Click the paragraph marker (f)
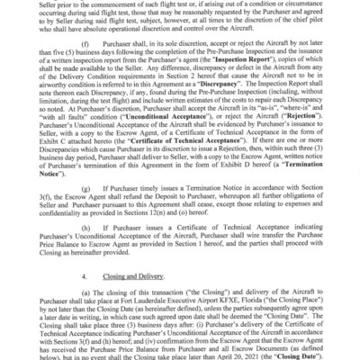tap(85, 42)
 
